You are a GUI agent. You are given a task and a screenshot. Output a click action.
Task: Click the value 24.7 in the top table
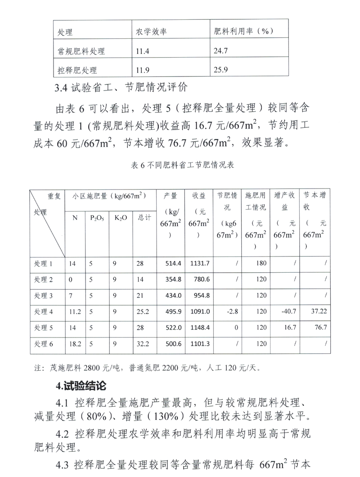221,51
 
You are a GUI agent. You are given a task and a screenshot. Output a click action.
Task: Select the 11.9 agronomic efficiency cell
143,70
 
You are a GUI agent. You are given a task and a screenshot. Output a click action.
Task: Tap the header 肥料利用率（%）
243,32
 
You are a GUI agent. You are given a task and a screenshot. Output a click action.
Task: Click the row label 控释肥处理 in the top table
77,70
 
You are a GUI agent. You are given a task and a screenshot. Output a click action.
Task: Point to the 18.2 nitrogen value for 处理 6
75,344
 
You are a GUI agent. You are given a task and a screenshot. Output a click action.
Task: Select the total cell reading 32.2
142,344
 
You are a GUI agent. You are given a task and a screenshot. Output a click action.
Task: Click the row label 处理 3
44,295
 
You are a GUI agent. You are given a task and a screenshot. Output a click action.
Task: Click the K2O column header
121,218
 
